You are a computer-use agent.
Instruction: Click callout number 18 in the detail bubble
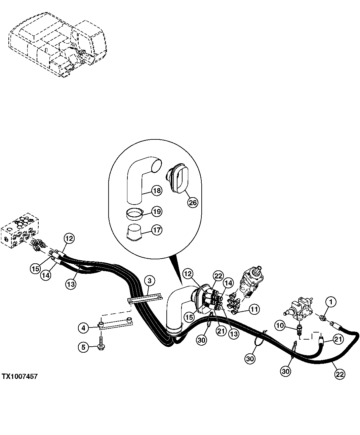(x=157, y=190)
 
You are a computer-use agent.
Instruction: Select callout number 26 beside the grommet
(x=192, y=203)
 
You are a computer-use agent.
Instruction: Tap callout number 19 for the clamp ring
(x=157, y=212)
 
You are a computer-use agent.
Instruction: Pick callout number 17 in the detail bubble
(x=157, y=230)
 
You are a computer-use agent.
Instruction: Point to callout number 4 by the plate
(x=84, y=327)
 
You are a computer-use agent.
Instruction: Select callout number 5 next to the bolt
(x=84, y=347)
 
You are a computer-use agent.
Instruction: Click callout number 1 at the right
(x=331, y=302)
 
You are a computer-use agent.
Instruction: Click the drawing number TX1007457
(x=19, y=377)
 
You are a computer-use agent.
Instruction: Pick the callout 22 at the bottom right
(x=339, y=374)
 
